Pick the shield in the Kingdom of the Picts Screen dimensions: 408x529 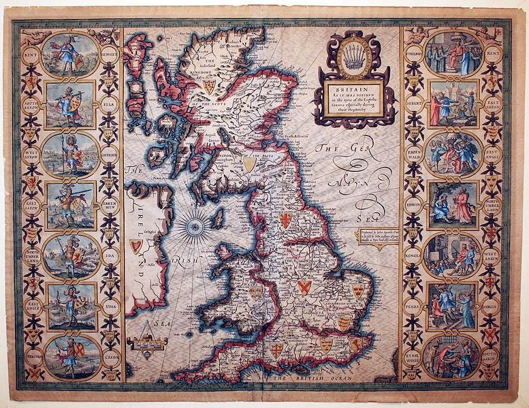(x=251, y=164)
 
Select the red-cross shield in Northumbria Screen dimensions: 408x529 (x=286, y=219)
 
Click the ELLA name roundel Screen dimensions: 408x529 (x=109, y=104)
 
